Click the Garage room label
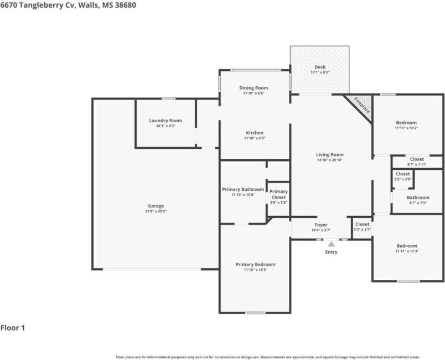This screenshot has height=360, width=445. point(156,206)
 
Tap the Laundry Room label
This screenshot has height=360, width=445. point(165,121)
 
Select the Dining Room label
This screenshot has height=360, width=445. point(253,88)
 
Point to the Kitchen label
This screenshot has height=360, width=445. point(255,133)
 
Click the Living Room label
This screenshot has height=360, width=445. point(330,154)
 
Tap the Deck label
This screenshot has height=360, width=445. point(320,67)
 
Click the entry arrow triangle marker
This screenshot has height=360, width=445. point(331,244)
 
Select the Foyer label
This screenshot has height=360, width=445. point(321,225)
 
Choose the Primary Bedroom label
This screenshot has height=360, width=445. point(255,264)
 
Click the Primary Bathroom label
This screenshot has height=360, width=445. point(243,189)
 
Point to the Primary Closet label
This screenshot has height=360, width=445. point(278,194)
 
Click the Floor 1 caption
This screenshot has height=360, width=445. point(13,328)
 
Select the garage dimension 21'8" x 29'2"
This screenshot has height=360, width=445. point(156,211)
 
